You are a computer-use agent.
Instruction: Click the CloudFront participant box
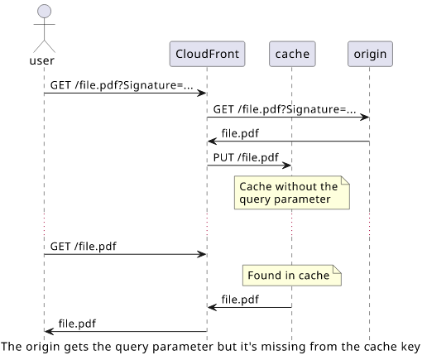207,54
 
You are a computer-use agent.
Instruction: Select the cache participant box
292,54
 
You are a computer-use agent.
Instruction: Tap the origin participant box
370,54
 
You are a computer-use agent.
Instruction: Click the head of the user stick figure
44,12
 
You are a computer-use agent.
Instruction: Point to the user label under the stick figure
41,60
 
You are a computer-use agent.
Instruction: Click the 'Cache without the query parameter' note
292,193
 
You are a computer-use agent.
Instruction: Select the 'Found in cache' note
292,276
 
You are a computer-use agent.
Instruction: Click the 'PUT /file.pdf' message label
246,157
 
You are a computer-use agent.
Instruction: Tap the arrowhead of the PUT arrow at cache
287,166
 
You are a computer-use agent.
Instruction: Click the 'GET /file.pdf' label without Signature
84,247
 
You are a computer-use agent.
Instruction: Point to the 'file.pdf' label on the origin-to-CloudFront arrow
240,133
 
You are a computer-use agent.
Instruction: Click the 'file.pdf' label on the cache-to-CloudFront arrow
240,300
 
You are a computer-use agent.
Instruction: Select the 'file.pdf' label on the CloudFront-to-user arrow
77,324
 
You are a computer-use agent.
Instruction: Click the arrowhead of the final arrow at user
49,332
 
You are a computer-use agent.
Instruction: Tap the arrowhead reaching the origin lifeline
365,118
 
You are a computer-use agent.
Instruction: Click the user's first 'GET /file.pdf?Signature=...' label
122,85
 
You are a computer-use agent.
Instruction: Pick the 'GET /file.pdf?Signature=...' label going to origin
285,109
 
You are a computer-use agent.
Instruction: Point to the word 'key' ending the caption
411,347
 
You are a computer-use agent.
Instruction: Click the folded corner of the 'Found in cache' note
337,269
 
